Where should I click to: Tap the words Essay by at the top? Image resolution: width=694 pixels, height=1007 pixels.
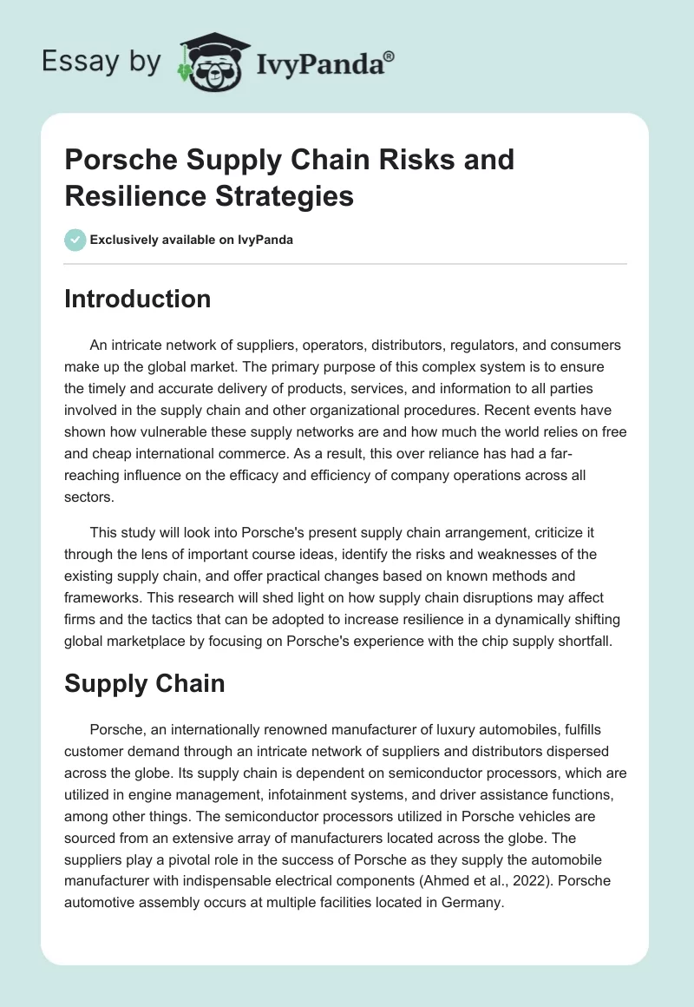click(101, 62)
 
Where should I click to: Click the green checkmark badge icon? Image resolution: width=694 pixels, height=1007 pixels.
click(75, 240)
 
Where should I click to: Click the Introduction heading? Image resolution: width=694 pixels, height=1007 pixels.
click(137, 299)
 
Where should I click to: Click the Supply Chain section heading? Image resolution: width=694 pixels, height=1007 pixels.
click(144, 683)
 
